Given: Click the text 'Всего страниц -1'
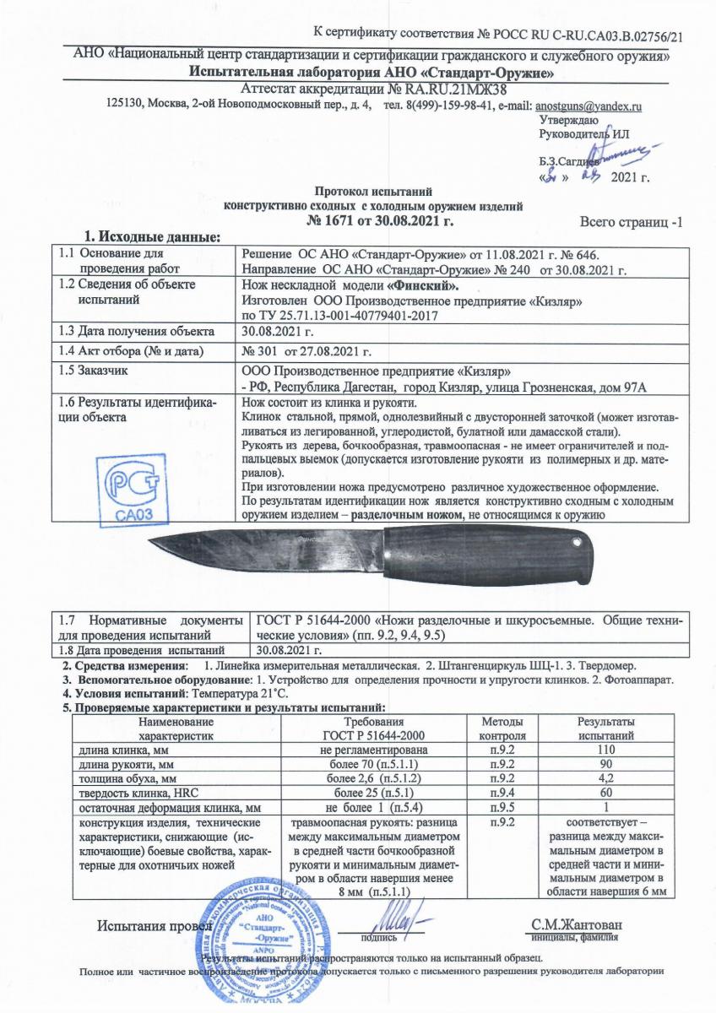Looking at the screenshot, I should pos(630,222).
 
